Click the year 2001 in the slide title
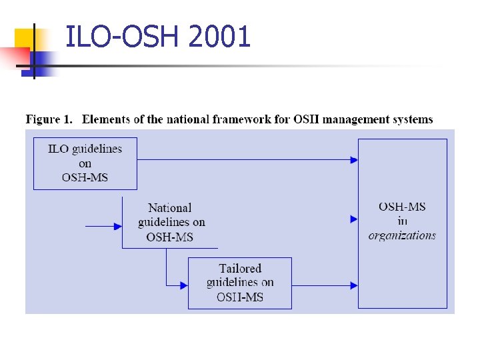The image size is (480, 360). (219, 37)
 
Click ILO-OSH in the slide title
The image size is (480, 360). (124, 37)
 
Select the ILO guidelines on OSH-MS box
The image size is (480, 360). (85, 163)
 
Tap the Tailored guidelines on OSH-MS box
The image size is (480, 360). (240, 283)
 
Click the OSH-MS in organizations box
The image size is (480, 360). (403, 223)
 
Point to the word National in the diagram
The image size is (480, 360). (169, 208)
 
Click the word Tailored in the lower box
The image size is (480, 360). (240, 269)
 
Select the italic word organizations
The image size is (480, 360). (402, 235)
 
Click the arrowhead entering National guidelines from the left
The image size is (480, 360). (118, 227)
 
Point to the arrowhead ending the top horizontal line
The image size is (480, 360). (354, 159)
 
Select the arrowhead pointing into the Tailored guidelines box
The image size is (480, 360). (183, 285)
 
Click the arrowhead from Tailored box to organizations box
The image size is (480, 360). (354, 285)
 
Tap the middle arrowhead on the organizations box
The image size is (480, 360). (354, 219)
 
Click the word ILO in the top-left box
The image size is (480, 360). (58, 149)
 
